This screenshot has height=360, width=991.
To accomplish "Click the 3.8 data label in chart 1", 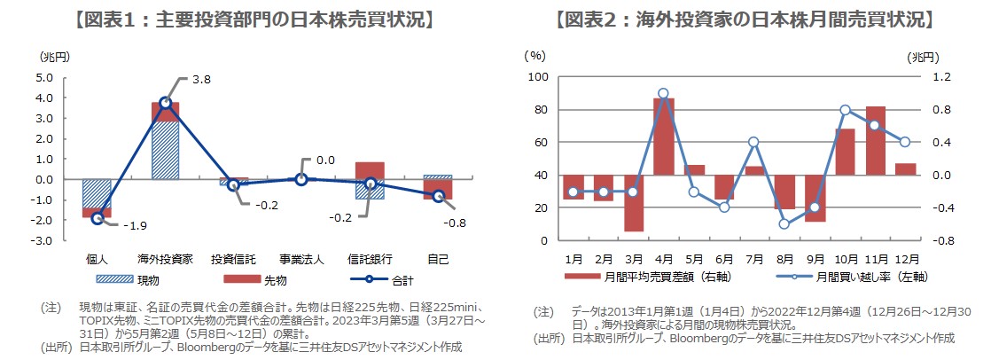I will pyautogui.click(x=200, y=80).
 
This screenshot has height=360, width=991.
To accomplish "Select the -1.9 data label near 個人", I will pyautogui.click(x=136, y=226).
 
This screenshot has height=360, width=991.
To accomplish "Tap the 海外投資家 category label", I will pyautogui.click(x=165, y=260).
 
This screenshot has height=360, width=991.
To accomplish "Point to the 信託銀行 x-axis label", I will pyautogui.click(x=370, y=260).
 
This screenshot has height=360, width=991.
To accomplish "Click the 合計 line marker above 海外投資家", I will pyautogui.click(x=165, y=103).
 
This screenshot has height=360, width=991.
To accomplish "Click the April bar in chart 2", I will pyautogui.click(x=664, y=137).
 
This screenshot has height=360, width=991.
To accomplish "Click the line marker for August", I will pyautogui.click(x=784, y=223).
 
